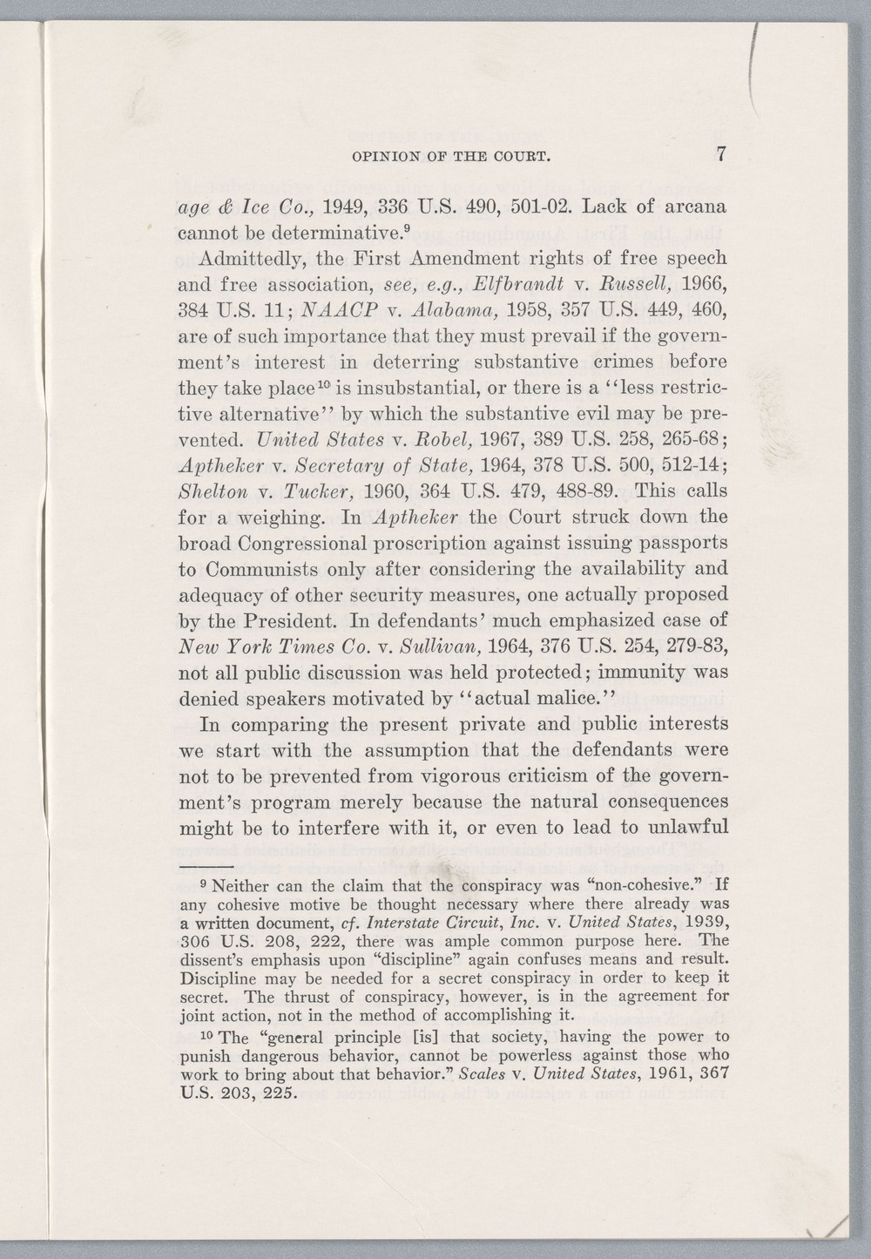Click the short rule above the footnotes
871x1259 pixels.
[208, 869]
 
